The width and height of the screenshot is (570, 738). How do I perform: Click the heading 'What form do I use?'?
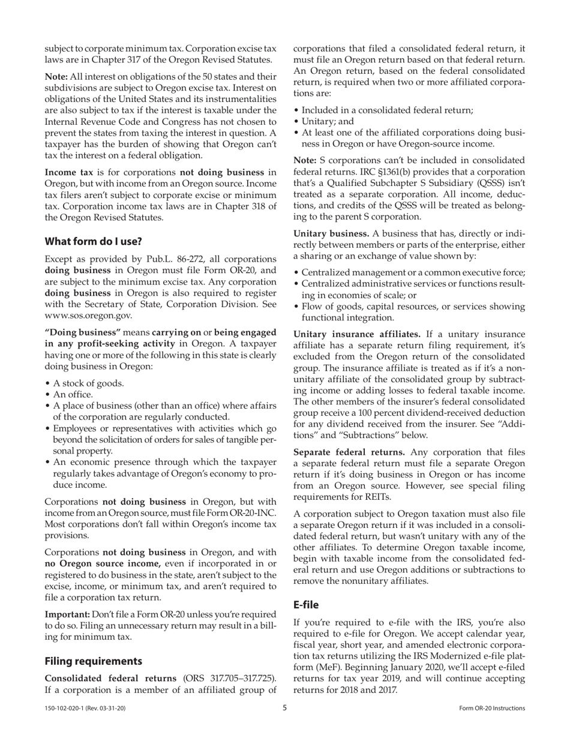pyautogui.click(x=93, y=242)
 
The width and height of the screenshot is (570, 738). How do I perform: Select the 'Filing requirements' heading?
pyautogui.click(x=93, y=661)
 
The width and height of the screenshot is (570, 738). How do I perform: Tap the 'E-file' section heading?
pyautogui.click(x=306, y=604)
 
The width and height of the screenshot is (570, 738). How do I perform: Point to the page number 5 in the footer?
pyautogui.click(x=285, y=708)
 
